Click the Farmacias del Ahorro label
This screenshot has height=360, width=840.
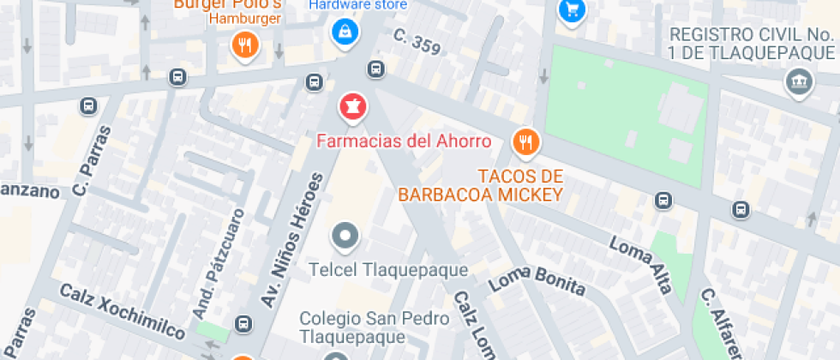point(405,141)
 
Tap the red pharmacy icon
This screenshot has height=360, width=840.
point(351,108)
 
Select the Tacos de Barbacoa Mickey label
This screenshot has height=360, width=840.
point(479,185)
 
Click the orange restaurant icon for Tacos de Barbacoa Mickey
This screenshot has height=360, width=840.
point(525,142)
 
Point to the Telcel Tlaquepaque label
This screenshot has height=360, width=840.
point(388,270)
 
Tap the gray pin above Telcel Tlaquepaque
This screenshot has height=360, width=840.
point(345,236)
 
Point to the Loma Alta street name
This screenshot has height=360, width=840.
point(640,264)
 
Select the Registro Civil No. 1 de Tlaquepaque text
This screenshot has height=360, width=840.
point(750,43)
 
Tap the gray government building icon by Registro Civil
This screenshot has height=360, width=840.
point(799,83)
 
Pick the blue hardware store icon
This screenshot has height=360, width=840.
point(345,33)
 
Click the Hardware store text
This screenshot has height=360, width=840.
point(357,4)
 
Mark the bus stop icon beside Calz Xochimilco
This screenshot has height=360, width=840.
point(244,324)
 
